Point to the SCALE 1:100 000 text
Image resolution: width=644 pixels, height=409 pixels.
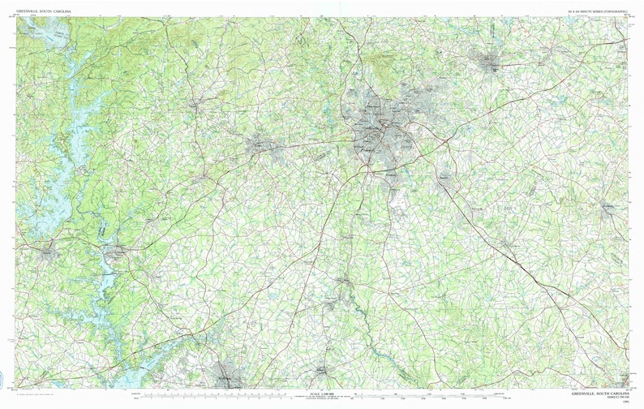320,393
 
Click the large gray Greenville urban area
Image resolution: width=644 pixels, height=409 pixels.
381,130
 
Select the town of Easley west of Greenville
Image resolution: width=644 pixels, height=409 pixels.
264,146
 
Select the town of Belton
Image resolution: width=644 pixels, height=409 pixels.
323,372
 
